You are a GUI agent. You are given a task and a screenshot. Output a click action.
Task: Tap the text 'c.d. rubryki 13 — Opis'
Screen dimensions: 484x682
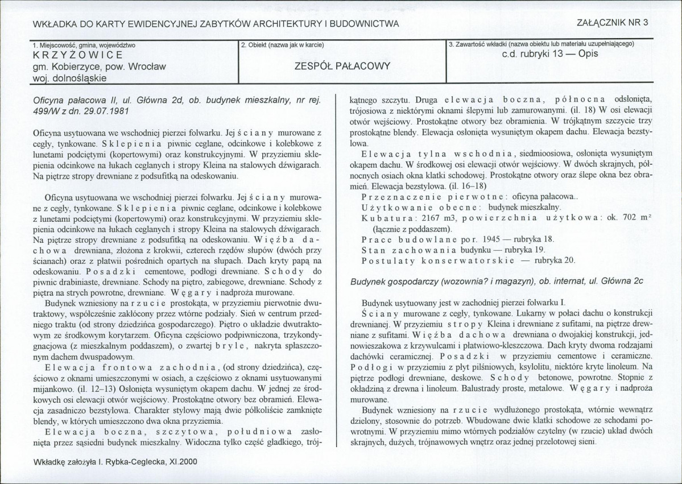pyautogui.click(x=550, y=55)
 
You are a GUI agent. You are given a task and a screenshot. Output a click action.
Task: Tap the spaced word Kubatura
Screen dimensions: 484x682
pyautogui.click(x=386, y=219)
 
